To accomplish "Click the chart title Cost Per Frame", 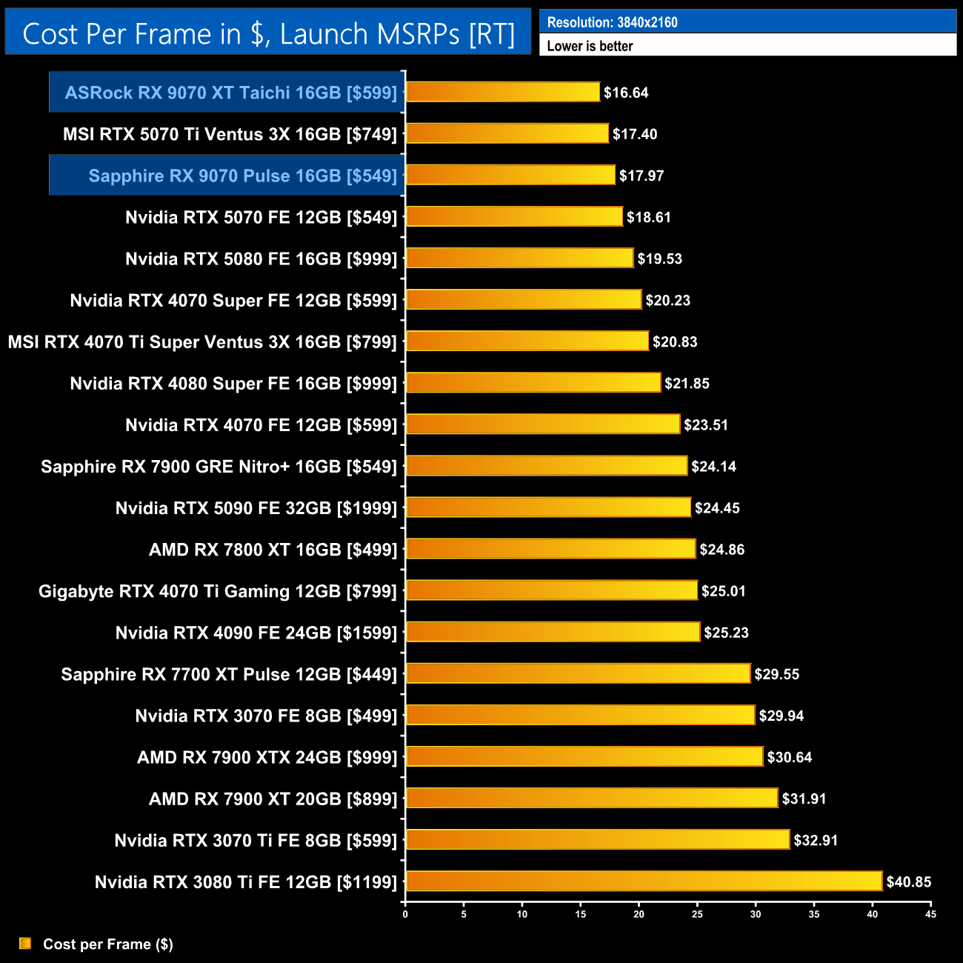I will point(268,34).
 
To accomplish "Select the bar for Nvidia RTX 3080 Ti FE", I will point(644,882).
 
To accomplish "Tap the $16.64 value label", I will point(626,93).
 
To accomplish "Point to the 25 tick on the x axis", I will point(697,914).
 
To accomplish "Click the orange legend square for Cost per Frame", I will point(25,943).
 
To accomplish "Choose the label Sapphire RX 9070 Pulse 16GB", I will point(243,176).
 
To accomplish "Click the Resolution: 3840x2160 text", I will point(612,22).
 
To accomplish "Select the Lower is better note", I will point(590,46).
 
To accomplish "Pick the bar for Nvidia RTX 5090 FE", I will point(548,507).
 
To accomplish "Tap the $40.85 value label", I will point(909,882).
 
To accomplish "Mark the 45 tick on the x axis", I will point(930,914).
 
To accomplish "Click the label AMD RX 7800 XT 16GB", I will point(273,550).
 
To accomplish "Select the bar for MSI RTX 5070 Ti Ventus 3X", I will point(507,133).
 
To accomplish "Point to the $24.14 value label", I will point(713,467).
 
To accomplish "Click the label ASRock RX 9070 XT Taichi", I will point(231,93).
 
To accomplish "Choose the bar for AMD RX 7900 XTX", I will point(584,756).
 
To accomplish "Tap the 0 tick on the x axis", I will point(405,914).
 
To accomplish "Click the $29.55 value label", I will point(776,674).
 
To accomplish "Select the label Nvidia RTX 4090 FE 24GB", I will point(256,633).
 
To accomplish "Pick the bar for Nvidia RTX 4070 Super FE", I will point(524,299).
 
